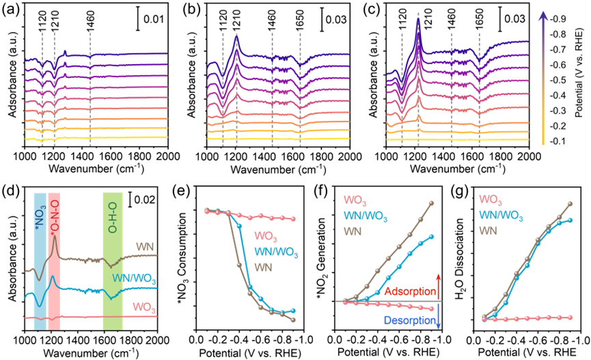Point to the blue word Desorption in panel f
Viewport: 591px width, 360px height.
407,318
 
